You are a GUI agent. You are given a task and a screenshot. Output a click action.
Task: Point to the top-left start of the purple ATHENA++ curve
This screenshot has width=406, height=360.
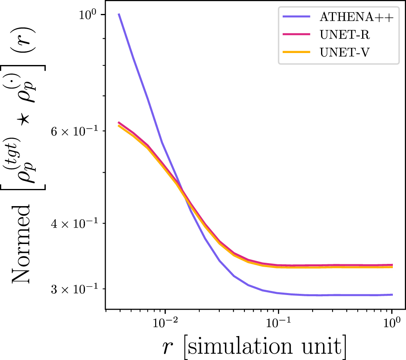tap(119, 14)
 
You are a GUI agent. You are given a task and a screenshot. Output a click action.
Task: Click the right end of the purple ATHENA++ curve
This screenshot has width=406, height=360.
tap(392, 295)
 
